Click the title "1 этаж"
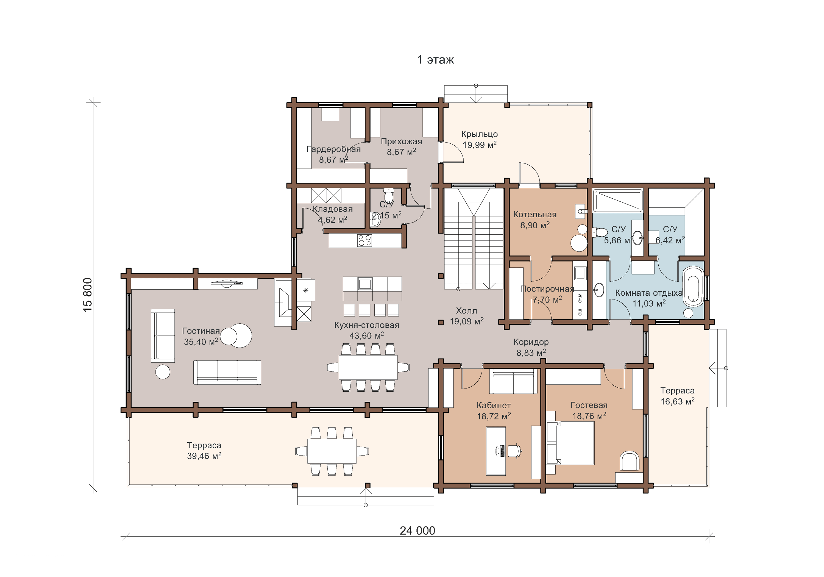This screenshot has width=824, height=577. (x=435, y=60)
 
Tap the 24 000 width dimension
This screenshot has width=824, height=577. (x=417, y=530)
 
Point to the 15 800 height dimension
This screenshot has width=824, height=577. (x=88, y=295)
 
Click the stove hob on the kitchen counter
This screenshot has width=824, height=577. (x=365, y=240)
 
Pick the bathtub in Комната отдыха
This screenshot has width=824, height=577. (x=693, y=287)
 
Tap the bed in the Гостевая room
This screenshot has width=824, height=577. (x=570, y=442)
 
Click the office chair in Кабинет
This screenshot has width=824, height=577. (x=515, y=451)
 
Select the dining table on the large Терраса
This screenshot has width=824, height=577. (x=332, y=451)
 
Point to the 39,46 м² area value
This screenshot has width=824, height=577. (x=204, y=456)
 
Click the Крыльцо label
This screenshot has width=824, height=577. (x=480, y=134)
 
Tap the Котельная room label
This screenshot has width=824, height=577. (x=535, y=214)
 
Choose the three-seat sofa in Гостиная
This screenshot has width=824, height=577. (x=227, y=372)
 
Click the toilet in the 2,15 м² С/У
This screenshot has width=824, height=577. (x=388, y=195)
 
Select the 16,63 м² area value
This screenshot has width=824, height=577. (x=677, y=401)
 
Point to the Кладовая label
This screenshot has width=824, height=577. (x=333, y=209)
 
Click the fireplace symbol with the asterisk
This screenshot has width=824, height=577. (x=305, y=290)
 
